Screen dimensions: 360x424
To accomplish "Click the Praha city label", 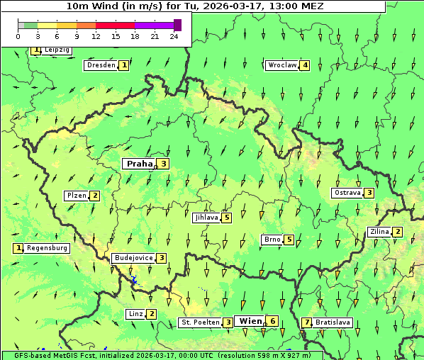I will pos(139,164).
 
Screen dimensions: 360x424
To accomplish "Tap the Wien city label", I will pos(250,321).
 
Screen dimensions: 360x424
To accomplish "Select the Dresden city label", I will pos(101,65).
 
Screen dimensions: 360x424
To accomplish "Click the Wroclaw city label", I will pos(282,65).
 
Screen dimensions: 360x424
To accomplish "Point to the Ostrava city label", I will pos(347,193).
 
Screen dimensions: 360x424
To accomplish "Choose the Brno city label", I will pos(272,240).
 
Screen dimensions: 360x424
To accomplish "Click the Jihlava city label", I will pos(206,218).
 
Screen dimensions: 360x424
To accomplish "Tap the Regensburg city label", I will pos(48,248).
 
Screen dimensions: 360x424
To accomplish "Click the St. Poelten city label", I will pos(200,322).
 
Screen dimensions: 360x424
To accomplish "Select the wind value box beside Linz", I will pos(152,314).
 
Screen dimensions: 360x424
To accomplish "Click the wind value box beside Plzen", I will pos(94,196).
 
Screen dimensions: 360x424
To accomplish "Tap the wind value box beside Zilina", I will pos(398,232).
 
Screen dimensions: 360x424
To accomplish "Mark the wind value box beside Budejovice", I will pos(162,258).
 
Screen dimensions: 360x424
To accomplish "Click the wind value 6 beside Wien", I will pos(272,321).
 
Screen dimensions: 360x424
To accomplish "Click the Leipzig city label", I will pos(57,50).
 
